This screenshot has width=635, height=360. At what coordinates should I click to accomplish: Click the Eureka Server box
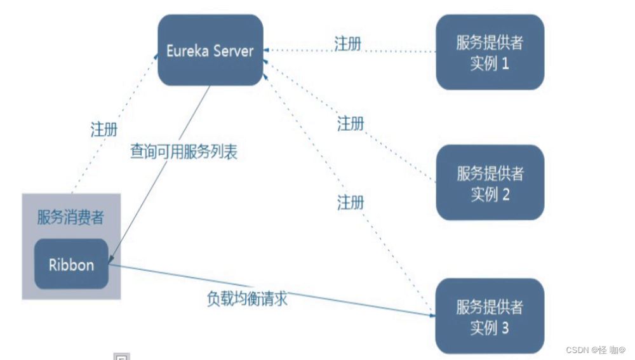click(x=210, y=50)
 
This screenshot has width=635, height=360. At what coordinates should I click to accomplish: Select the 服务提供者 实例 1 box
click(x=490, y=53)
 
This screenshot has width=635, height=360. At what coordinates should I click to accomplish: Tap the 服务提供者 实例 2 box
click(x=490, y=183)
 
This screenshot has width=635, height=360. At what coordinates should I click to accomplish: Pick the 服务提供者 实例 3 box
click(x=490, y=317)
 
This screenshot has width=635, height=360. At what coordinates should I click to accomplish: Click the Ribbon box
click(x=71, y=264)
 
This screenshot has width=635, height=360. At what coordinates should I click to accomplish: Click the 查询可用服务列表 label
click(x=184, y=152)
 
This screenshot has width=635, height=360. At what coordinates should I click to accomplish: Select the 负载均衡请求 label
click(x=247, y=298)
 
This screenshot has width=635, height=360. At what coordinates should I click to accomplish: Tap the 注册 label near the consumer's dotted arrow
click(x=104, y=130)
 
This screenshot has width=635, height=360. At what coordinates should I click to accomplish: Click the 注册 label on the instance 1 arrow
click(x=348, y=43)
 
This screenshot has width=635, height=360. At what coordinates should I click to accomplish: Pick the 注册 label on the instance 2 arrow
click(x=351, y=123)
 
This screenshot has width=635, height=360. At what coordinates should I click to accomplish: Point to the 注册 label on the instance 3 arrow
click(x=351, y=202)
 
